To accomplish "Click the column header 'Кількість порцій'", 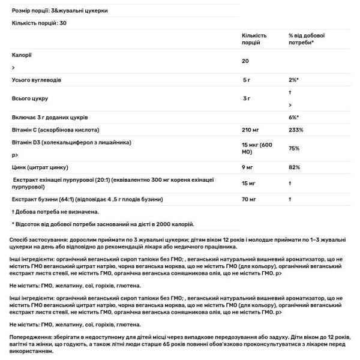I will (x=254, y=39).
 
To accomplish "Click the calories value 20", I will (x=245, y=61).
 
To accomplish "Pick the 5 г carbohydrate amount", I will (x=246, y=80).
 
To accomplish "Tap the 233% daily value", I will (x=296, y=130).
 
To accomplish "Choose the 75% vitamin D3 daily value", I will (x=295, y=149).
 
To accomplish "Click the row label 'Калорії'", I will (x=22, y=55).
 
